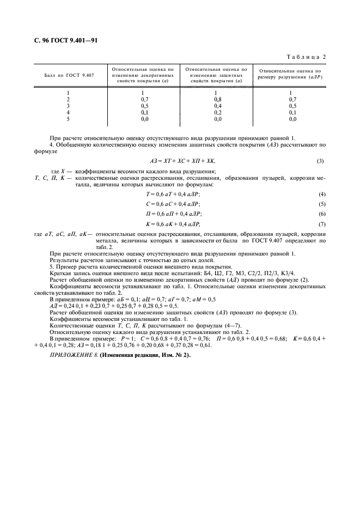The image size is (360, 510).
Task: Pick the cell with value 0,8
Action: tap(217, 100)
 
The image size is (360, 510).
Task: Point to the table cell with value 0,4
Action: tap(217, 106)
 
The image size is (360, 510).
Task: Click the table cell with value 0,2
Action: tap(217, 112)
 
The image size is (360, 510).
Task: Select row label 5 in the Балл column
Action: tap(68, 118)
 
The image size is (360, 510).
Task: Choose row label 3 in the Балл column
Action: tap(68, 106)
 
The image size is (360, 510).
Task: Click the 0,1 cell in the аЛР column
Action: tap(292, 112)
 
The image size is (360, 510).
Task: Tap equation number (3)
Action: tap(320, 161)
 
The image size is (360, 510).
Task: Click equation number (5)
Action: tap(321, 204)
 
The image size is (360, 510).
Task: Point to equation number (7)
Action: tap(321, 224)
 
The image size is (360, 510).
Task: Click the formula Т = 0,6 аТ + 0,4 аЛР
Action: tap(177, 194)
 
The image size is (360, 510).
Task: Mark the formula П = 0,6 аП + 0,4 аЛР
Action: tap(177, 214)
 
